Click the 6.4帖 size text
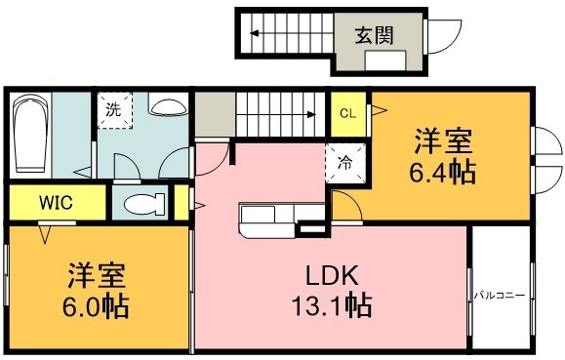tap(442, 174)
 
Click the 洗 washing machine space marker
tap(113, 109)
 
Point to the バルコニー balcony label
tap(501, 293)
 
